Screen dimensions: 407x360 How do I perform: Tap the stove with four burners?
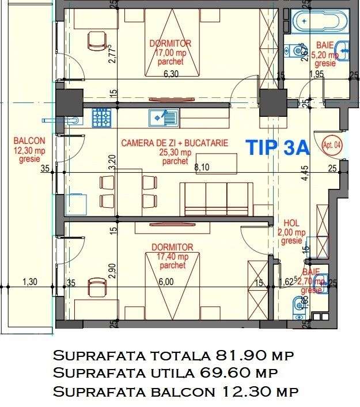tap(102, 118)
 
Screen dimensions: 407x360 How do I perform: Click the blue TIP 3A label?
tap(278, 147)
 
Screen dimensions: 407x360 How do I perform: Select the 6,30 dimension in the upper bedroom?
tap(171, 74)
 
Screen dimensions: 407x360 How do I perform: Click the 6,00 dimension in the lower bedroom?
tap(165, 282)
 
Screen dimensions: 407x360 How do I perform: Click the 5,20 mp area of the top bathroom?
tap(325, 55)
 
